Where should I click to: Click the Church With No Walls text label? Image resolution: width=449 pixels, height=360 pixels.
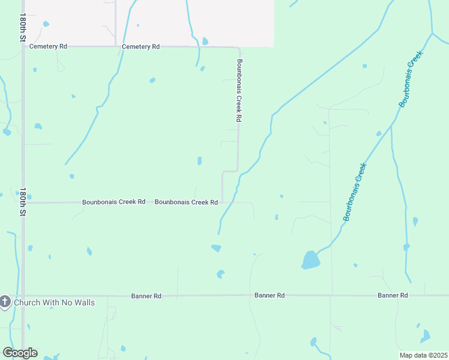(54, 302)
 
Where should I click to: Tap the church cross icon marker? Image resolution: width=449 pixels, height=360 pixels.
(5, 302)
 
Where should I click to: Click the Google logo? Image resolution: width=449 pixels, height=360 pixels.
(20, 352)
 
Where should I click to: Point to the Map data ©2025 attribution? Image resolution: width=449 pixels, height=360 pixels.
(423, 355)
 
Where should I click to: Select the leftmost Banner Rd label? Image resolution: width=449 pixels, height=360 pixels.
(146, 296)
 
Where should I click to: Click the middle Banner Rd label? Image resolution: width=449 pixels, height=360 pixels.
(270, 295)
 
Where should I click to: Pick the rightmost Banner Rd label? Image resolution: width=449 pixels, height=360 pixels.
(393, 295)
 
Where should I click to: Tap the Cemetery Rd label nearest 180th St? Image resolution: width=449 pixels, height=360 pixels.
(49, 46)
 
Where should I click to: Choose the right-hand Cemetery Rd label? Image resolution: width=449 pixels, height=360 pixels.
(140, 46)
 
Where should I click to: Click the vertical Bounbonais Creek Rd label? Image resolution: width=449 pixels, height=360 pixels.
(238, 91)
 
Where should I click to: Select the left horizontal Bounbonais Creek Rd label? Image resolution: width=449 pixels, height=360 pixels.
(113, 202)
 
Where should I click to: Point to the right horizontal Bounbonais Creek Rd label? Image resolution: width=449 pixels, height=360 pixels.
(186, 202)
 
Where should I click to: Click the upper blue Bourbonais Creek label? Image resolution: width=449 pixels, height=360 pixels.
(411, 79)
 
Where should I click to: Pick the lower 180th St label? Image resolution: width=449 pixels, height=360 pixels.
(23, 201)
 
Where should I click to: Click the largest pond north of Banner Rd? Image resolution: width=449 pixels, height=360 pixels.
(310, 260)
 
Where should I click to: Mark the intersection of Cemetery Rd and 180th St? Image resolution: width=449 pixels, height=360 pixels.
(23, 46)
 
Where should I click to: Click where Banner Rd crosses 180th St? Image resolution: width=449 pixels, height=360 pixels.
(23, 296)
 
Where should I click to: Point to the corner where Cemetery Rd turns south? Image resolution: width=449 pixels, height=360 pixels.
(239, 47)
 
